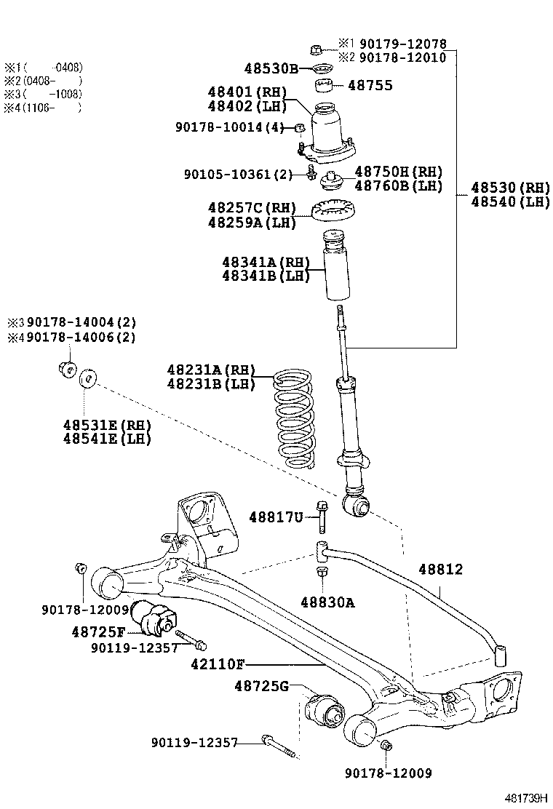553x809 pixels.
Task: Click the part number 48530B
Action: tap(271, 69)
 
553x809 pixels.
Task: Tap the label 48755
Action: tap(370, 86)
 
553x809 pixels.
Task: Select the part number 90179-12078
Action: tap(403, 44)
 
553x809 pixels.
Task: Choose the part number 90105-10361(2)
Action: tap(238, 174)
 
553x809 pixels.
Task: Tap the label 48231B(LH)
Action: tap(210, 383)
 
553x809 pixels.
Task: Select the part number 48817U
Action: tap(275, 517)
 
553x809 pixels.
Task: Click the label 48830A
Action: tap(327, 602)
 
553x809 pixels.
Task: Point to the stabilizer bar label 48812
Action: tap(440, 570)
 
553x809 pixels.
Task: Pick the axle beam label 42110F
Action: tap(218, 663)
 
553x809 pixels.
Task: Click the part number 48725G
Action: tap(261, 685)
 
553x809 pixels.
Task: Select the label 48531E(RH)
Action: tap(106, 425)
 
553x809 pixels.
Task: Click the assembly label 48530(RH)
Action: tap(510, 187)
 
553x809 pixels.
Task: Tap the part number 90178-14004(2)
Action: tap(81, 322)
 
